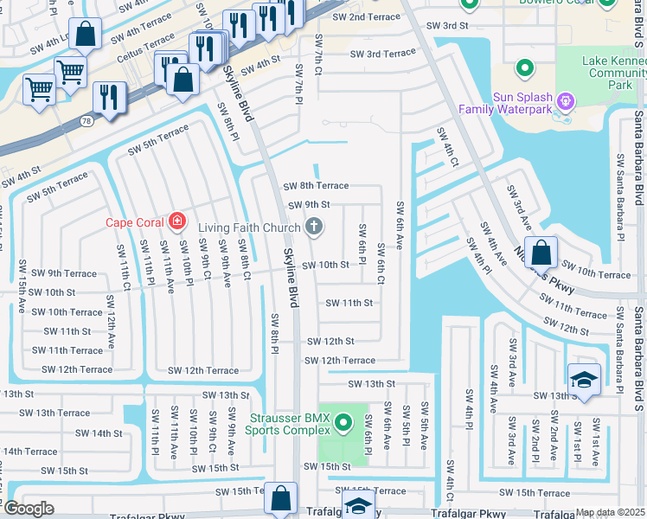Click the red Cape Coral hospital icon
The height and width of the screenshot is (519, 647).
pyautogui.click(x=177, y=222)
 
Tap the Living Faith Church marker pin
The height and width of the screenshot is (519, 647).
pyautogui.click(x=314, y=228)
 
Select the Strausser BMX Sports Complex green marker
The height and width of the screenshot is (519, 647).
pyautogui.click(x=343, y=423)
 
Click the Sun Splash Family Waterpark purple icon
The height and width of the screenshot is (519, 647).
pyautogui.click(x=566, y=102)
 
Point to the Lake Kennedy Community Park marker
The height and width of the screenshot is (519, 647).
pyautogui.click(x=523, y=67)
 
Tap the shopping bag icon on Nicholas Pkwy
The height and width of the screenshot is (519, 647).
pyautogui.click(x=541, y=253)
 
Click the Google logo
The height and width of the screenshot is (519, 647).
pyautogui.click(x=29, y=509)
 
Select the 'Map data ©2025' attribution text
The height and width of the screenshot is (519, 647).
pyautogui.click(x=611, y=512)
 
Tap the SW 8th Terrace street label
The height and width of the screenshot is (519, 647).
pyautogui.click(x=316, y=186)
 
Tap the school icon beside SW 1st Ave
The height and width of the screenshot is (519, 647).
pyautogui.click(x=584, y=380)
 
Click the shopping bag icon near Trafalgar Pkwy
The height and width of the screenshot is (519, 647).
pyautogui.click(x=280, y=498)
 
